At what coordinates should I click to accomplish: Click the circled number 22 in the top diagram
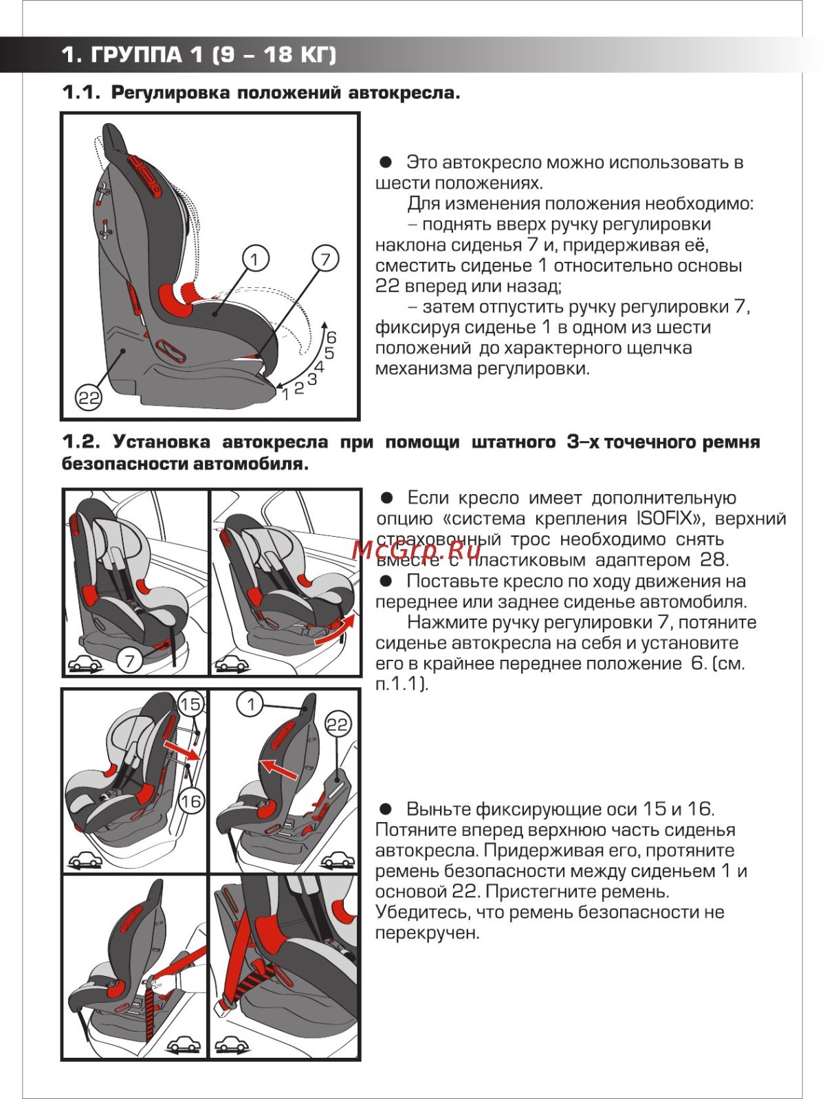point(89,398)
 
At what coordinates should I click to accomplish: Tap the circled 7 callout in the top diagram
point(325,258)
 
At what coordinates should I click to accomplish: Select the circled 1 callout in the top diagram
point(255,258)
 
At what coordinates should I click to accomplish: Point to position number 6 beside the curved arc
point(331,337)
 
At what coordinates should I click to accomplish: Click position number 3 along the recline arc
point(312,379)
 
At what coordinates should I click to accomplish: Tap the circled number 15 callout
point(191,704)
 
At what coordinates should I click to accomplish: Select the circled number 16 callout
point(191,801)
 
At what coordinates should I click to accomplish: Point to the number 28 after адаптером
point(714,560)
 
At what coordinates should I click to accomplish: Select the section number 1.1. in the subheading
point(82,92)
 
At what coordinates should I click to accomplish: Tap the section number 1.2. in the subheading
point(82,442)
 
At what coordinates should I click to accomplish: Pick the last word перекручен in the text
point(427,933)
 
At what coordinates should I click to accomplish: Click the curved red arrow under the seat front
point(335,630)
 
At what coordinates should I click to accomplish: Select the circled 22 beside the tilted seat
point(338,724)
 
